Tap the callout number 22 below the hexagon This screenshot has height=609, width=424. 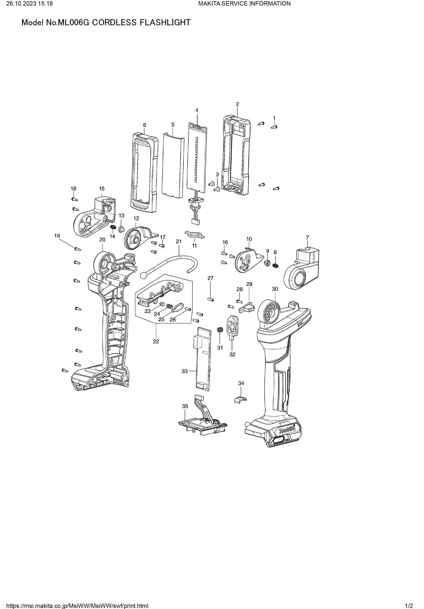pos(156,341)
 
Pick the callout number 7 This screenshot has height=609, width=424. pos(307,237)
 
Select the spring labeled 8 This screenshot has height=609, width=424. pos(276,265)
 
